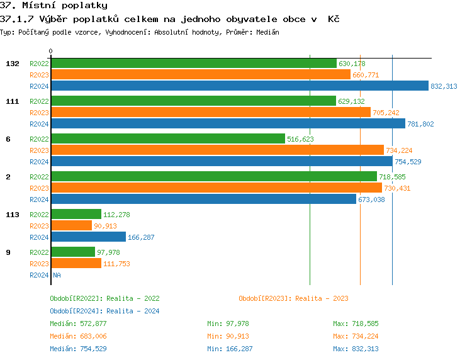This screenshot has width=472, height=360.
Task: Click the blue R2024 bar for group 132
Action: click(x=239, y=86)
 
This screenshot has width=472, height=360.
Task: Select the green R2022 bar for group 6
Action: click(x=167, y=139)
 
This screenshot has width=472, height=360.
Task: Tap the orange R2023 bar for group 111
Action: click(x=210, y=113)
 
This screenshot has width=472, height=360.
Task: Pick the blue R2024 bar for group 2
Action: click(x=203, y=200)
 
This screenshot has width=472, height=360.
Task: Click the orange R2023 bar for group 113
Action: click(x=71, y=226)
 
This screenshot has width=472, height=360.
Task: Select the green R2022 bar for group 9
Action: click(x=73, y=252)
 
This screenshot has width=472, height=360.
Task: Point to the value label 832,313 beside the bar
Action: click(x=444, y=86)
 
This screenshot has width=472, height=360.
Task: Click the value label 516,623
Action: click(x=300, y=139)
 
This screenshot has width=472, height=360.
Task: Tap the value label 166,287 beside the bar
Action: click(x=141, y=237)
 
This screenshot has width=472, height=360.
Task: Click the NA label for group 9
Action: click(x=57, y=275)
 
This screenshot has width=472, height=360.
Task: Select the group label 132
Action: click(x=13, y=64)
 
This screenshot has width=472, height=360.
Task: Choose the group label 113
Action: click(x=13, y=215)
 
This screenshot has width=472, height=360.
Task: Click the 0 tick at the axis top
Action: click(x=51, y=52)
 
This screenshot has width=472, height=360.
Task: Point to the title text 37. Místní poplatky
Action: click(x=53, y=6)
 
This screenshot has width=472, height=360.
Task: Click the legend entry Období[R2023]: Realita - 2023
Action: click(x=293, y=298)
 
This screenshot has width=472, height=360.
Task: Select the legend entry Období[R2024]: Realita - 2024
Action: click(x=104, y=311)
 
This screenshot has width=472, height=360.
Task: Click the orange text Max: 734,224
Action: click(x=356, y=336)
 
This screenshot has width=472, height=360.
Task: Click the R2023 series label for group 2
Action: click(x=39, y=188)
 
